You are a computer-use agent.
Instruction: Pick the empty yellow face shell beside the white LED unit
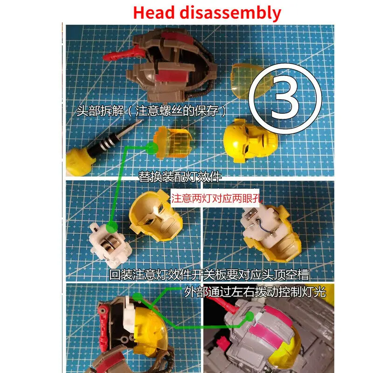149,217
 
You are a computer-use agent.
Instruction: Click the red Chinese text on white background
216,198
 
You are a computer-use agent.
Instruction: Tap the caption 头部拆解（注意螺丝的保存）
153,111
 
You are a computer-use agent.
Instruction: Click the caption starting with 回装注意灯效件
209,274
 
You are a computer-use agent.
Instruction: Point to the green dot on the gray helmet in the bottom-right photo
250,316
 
